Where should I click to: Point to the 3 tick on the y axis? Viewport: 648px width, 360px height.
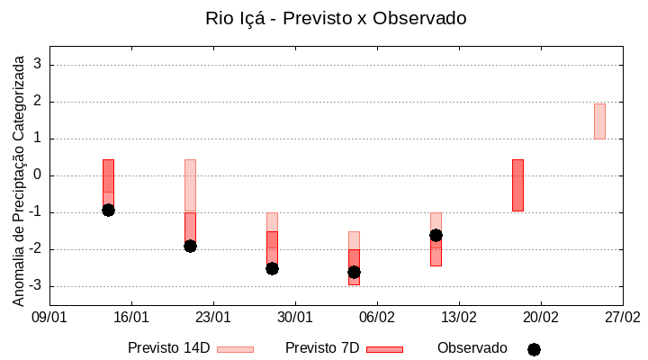click(38, 65)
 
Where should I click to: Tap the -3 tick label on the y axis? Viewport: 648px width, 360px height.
click(35, 286)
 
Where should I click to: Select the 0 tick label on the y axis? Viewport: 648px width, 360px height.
click(38, 175)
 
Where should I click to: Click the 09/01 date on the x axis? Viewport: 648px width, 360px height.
click(49, 318)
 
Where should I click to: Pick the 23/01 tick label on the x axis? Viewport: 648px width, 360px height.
click(213, 318)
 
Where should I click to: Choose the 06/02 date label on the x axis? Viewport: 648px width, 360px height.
click(377, 318)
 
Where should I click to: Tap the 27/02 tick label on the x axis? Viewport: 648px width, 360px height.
click(622, 318)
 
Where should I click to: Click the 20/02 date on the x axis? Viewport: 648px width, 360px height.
click(541, 318)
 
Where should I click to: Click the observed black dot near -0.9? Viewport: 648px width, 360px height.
click(108, 210)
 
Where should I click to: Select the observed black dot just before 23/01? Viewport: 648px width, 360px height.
click(190, 246)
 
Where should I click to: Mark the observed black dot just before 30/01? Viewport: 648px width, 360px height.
click(272, 268)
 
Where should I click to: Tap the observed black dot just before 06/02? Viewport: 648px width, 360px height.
click(354, 272)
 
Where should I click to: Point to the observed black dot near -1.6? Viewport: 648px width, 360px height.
click(436, 235)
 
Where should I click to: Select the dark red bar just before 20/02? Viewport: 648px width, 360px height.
click(517, 185)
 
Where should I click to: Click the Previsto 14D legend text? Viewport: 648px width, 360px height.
click(168, 348)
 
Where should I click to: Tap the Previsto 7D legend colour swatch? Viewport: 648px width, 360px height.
click(384, 349)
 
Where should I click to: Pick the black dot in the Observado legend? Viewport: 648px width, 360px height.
click(534, 349)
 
